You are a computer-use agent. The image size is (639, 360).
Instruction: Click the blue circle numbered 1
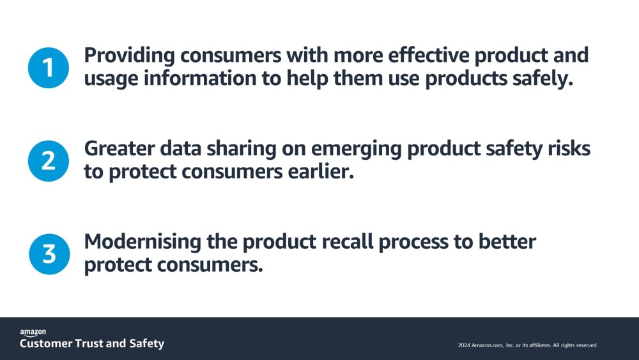[x=49, y=68]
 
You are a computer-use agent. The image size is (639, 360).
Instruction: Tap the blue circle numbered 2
[x=49, y=160]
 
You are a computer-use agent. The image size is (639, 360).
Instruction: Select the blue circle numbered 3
[x=49, y=254]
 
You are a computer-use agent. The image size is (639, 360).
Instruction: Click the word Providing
[x=130, y=56]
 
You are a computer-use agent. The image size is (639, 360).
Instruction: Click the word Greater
[x=119, y=148]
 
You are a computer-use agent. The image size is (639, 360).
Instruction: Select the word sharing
[x=242, y=149]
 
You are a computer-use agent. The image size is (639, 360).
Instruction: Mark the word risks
[x=569, y=148]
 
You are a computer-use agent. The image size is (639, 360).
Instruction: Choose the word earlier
[x=321, y=171]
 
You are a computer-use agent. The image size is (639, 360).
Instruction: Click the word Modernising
[x=142, y=242]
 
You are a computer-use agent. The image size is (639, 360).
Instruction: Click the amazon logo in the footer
[x=33, y=333]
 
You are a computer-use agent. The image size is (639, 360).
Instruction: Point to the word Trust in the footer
[x=89, y=343]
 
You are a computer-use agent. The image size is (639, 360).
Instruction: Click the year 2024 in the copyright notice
[x=464, y=345]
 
